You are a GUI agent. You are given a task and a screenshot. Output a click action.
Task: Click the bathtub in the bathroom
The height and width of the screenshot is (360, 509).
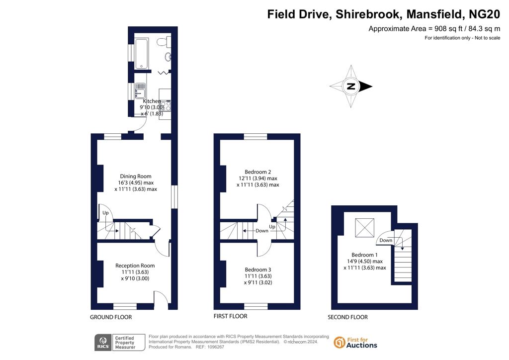(x=142, y=54)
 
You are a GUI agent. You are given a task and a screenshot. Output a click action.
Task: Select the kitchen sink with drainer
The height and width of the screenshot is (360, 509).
(x=140, y=90)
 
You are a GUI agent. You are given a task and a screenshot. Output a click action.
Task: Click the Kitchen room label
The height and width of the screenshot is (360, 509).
(x=152, y=101)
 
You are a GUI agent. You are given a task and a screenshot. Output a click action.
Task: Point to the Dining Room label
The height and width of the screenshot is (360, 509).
(x=136, y=176)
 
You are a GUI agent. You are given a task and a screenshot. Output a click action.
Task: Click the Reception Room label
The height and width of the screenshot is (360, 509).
(x=135, y=266)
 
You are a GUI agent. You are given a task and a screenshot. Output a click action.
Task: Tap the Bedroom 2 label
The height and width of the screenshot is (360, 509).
(x=258, y=172)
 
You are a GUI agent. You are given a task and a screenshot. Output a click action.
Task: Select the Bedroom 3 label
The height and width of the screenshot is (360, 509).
(x=258, y=270)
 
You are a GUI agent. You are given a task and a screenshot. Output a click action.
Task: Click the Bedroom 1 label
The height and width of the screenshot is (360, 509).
(x=364, y=255)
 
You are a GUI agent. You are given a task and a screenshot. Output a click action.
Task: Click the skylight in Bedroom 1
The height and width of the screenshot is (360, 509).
(x=364, y=228)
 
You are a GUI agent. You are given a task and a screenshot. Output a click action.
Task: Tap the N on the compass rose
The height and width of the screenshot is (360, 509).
(x=351, y=87)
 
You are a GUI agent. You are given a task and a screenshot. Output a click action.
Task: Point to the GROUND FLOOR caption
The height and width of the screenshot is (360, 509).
(x=111, y=317)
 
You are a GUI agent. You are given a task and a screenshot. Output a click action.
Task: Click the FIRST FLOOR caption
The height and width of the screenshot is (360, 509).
(x=231, y=316)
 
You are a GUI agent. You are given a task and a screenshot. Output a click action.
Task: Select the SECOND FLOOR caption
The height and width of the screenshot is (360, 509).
(x=347, y=317)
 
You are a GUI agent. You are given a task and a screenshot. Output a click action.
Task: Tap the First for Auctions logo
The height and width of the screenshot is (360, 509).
(x=355, y=343)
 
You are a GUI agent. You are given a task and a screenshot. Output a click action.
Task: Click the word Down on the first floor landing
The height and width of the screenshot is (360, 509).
(x=262, y=231)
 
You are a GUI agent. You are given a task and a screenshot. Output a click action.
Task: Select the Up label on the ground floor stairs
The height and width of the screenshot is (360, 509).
(x=105, y=213)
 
